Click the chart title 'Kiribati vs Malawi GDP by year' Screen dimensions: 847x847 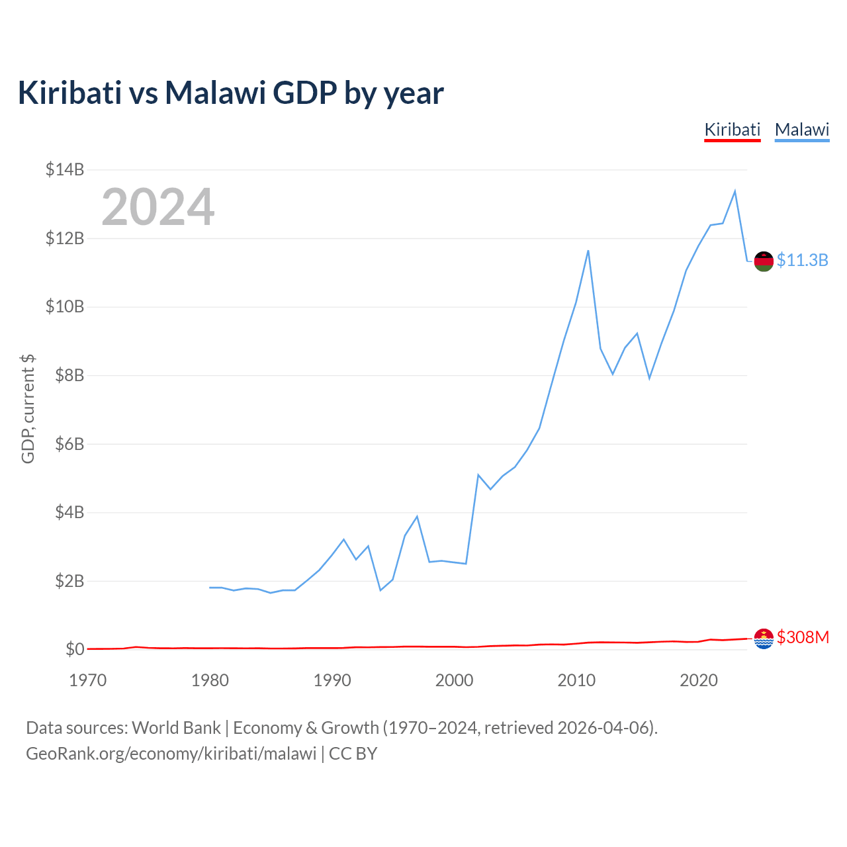pos(230,93)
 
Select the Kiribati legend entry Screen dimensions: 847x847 pos(732,130)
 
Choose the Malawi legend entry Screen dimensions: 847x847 pos(802,130)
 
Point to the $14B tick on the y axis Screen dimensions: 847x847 pos(65,169)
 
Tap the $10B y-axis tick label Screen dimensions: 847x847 pos(65,306)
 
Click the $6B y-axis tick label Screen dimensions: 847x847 pos(65,443)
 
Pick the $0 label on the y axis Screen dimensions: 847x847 pos(75,649)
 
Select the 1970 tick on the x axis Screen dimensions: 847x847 pos(88,680)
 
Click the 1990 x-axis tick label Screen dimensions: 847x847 pos(332,680)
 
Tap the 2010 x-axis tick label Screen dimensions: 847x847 pos(576,680)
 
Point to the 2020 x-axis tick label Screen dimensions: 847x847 pos(699,680)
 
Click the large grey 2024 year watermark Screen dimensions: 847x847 pos(157,207)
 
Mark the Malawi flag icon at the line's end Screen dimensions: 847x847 pos(764,261)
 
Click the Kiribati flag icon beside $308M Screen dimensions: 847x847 pos(764,639)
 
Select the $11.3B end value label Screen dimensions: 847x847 pos(802,260)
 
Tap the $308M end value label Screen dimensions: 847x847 pos(803,637)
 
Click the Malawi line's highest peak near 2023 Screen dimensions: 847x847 pos(735,191)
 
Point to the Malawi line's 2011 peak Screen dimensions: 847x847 pos(588,250)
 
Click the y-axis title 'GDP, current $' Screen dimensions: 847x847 pos(28,409)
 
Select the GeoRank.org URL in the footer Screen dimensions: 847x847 pos(171,754)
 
